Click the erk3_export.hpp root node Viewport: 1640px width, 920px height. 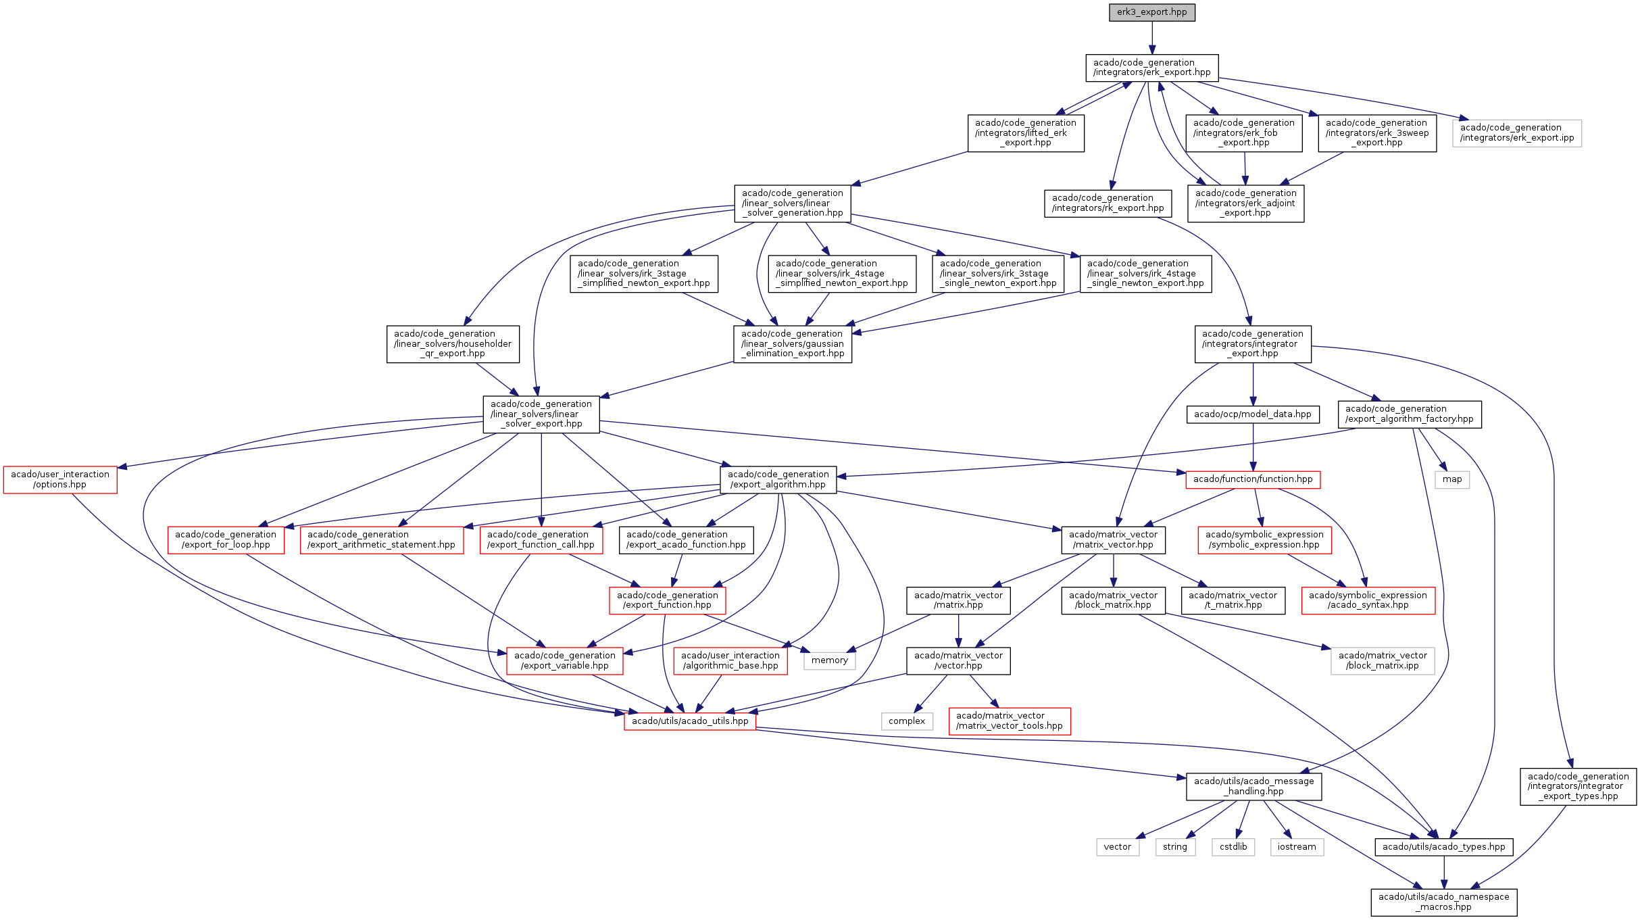pos(1151,12)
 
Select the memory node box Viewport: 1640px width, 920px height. pos(829,660)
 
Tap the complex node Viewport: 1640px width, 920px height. pos(907,721)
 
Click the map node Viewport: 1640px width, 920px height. pos(1452,479)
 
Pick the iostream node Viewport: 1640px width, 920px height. pos(1297,847)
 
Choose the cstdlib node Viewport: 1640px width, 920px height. pos(1233,847)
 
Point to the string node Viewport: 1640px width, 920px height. pos(1175,847)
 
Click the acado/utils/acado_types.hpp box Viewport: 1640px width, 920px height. pos(1443,847)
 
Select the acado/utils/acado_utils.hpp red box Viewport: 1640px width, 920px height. pos(690,721)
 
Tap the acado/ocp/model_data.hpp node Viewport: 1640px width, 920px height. pos(1253,414)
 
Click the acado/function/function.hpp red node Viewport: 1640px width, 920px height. pos(1253,479)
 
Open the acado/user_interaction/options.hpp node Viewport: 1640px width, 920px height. pos(60,479)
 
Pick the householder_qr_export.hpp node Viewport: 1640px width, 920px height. pos(453,343)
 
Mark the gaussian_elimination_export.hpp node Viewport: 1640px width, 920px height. pos(793,343)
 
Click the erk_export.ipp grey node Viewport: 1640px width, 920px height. pos(1517,132)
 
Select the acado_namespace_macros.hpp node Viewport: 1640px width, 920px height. pos(1444,902)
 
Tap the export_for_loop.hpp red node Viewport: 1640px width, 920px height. pos(226,539)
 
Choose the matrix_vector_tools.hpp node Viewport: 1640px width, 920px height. pos(1010,721)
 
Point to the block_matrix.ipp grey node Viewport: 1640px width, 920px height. pos(1383,660)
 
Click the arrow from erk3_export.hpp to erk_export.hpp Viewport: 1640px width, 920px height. pos(1152,37)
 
